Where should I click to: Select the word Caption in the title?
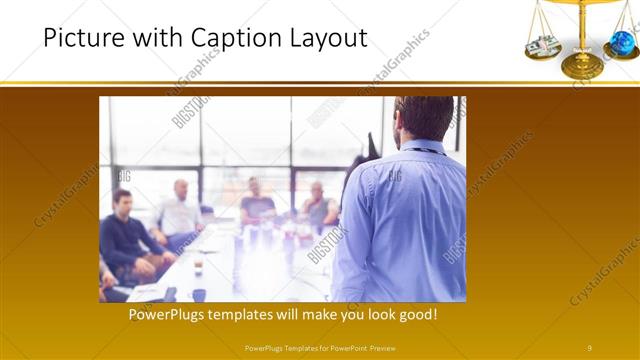[x=212, y=39]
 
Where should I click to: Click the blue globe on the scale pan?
[x=622, y=41]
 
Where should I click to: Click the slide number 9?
[x=590, y=347]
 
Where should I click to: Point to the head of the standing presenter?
[x=424, y=117]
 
